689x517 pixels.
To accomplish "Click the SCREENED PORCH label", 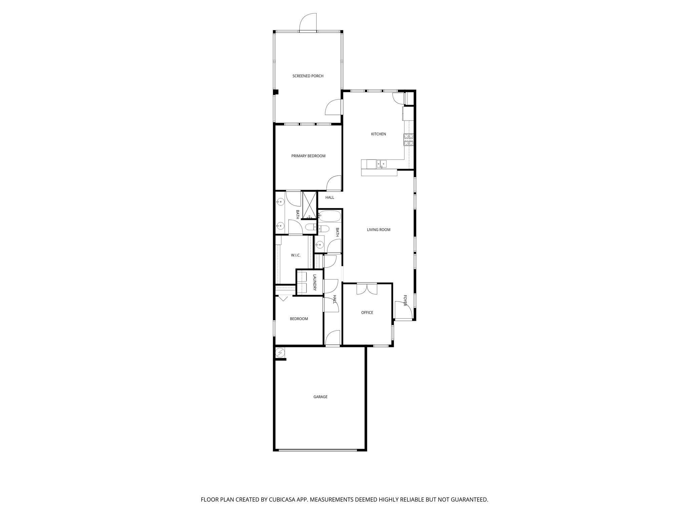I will click(x=308, y=76).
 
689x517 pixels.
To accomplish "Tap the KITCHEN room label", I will click(x=378, y=134).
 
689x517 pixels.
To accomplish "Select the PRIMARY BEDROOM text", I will click(x=308, y=156).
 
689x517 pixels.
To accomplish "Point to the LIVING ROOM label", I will click(x=378, y=230).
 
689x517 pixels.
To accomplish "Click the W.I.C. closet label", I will click(x=296, y=255).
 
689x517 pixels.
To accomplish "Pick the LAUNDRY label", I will click(x=315, y=282).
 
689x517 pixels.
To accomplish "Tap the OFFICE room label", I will click(x=367, y=313).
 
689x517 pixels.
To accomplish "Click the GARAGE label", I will click(x=320, y=397).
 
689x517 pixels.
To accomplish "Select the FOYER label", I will click(x=405, y=300).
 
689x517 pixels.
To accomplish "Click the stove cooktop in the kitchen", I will click(x=409, y=140).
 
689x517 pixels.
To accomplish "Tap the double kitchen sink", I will click(x=382, y=164).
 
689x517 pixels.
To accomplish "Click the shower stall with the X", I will click(x=310, y=205).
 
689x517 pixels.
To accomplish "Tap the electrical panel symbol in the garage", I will click(x=280, y=353).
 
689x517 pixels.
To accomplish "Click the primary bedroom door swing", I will click(x=334, y=183).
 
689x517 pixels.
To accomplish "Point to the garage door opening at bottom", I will click(x=318, y=450).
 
